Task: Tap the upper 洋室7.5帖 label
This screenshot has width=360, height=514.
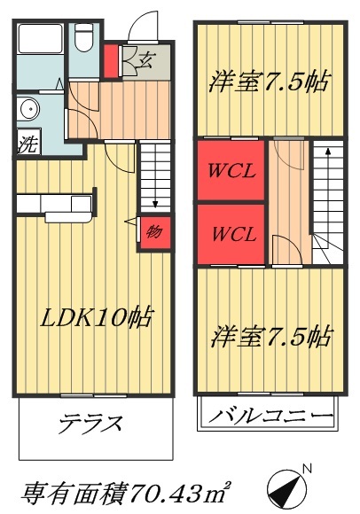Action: (x=269, y=82)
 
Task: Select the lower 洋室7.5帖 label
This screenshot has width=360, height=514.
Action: (x=270, y=337)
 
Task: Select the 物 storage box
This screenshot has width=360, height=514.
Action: (x=153, y=232)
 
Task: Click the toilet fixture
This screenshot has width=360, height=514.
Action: (x=84, y=39)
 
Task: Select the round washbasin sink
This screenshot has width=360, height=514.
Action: (x=27, y=111)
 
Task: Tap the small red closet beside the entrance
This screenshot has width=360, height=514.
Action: (x=111, y=62)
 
